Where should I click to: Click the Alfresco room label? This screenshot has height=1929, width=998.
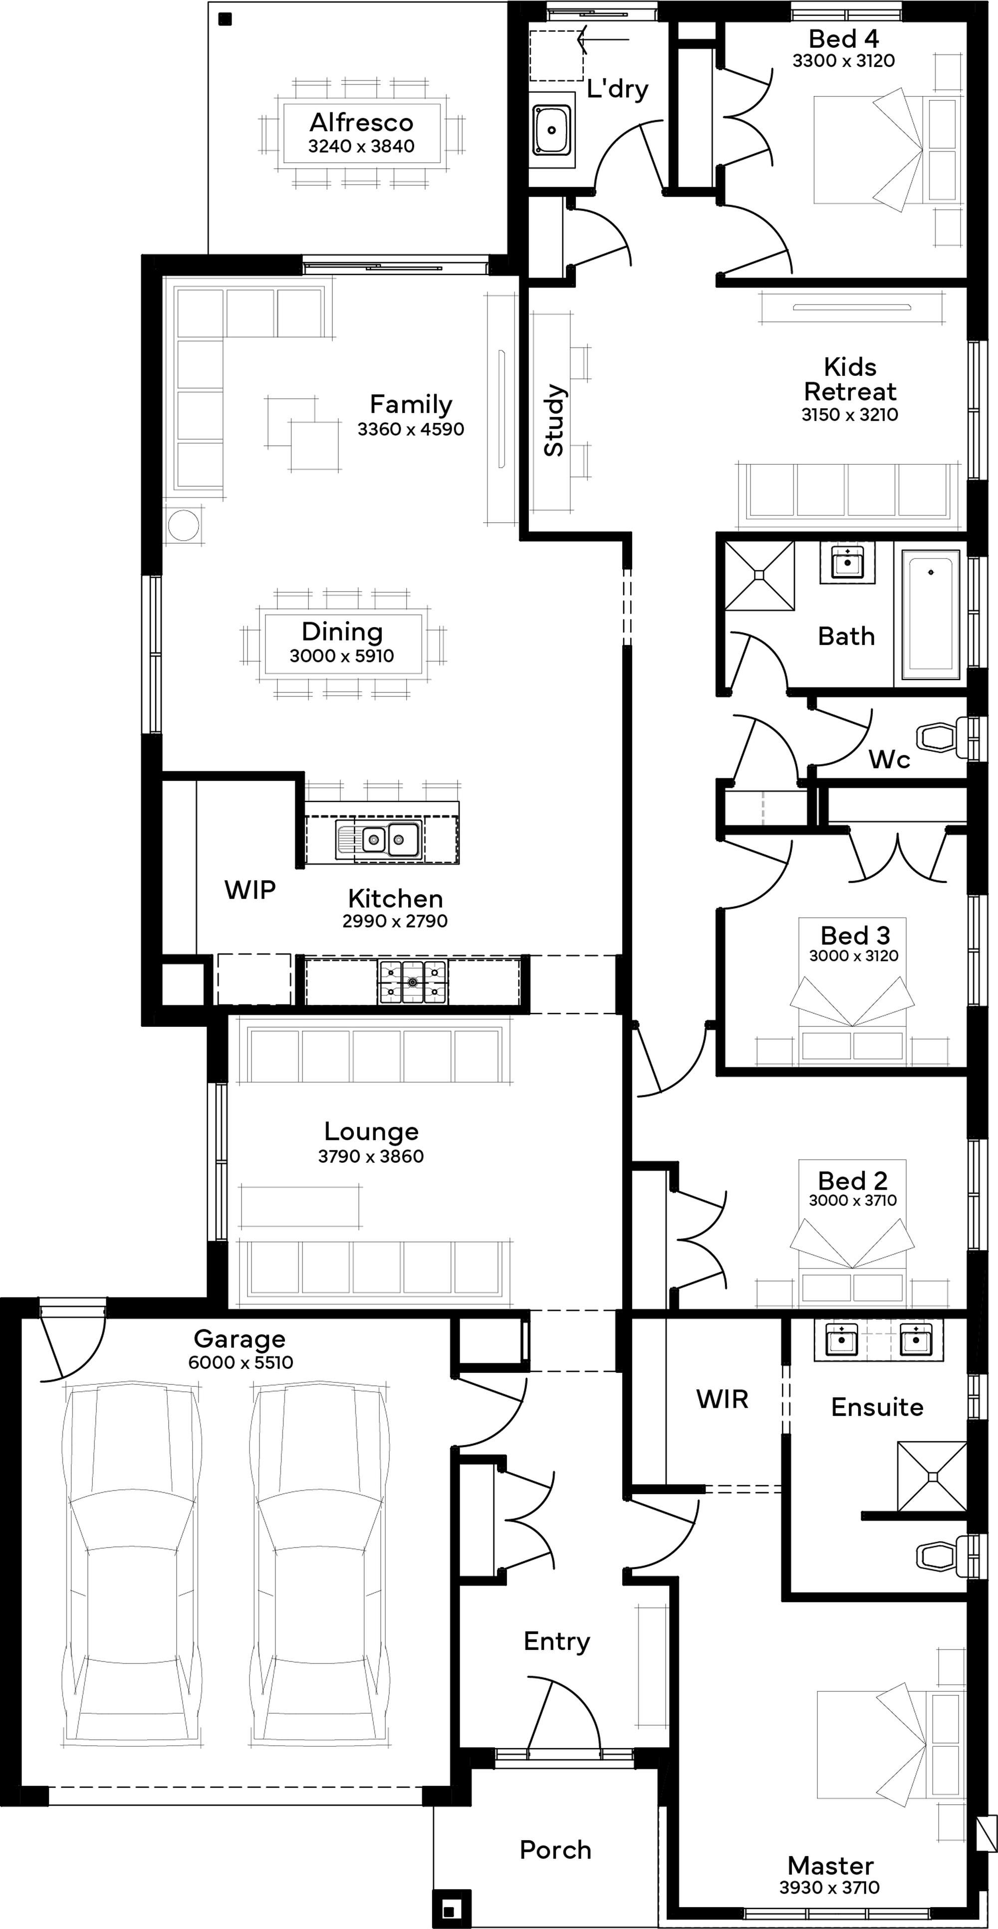[x=362, y=122]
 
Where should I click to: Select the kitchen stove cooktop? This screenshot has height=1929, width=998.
[x=413, y=981]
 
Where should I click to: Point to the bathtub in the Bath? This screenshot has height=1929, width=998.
[x=931, y=616]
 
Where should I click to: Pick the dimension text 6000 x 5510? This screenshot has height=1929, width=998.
[x=241, y=1362]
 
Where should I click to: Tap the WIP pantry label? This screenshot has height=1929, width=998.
[x=250, y=890]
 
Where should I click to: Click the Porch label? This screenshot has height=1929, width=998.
[x=555, y=1850]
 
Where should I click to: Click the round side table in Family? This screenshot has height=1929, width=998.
[x=184, y=525]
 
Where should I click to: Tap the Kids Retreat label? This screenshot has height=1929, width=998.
[x=850, y=379]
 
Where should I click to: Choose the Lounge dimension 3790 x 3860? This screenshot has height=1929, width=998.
[x=371, y=1156]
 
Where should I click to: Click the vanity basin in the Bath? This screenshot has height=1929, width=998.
[x=847, y=562]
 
